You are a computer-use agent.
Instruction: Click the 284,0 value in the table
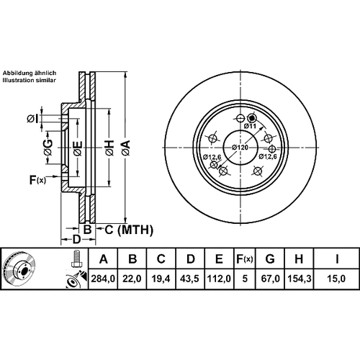(103, 279)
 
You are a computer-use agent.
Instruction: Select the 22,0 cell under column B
(132, 279)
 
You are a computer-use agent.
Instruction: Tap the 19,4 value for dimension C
(161, 279)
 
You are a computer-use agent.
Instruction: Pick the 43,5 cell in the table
(190, 279)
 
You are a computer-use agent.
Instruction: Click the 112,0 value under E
(219, 279)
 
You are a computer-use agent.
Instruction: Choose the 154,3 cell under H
(299, 279)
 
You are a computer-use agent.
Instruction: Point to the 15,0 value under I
(336, 279)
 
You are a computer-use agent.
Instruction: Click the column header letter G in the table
(270, 259)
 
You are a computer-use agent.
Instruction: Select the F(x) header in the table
(245, 259)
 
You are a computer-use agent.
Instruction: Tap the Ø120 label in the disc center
(240, 147)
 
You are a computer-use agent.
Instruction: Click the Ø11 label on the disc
(250, 126)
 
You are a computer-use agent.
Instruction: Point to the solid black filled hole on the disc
(252, 118)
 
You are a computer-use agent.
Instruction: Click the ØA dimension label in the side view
(125, 148)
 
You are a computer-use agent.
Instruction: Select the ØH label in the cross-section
(109, 148)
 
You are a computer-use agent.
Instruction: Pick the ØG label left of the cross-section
(48, 148)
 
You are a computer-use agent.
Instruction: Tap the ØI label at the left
(33, 119)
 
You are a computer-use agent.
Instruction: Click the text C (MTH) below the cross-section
(129, 230)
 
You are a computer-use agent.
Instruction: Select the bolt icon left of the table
(76, 258)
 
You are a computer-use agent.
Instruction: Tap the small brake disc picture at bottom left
(20, 268)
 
